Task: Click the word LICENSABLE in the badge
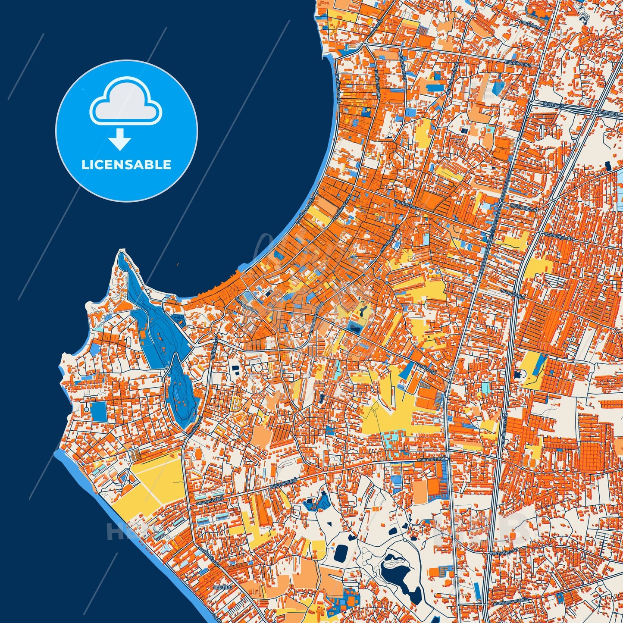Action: click(126, 165)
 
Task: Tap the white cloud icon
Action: click(125, 101)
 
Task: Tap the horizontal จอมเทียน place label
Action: click(222, 587)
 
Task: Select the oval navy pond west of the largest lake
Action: click(341, 552)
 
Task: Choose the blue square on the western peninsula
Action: click(99, 412)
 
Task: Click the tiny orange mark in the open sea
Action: click(177, 264)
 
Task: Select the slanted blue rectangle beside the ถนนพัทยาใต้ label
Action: click(407, 370)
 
